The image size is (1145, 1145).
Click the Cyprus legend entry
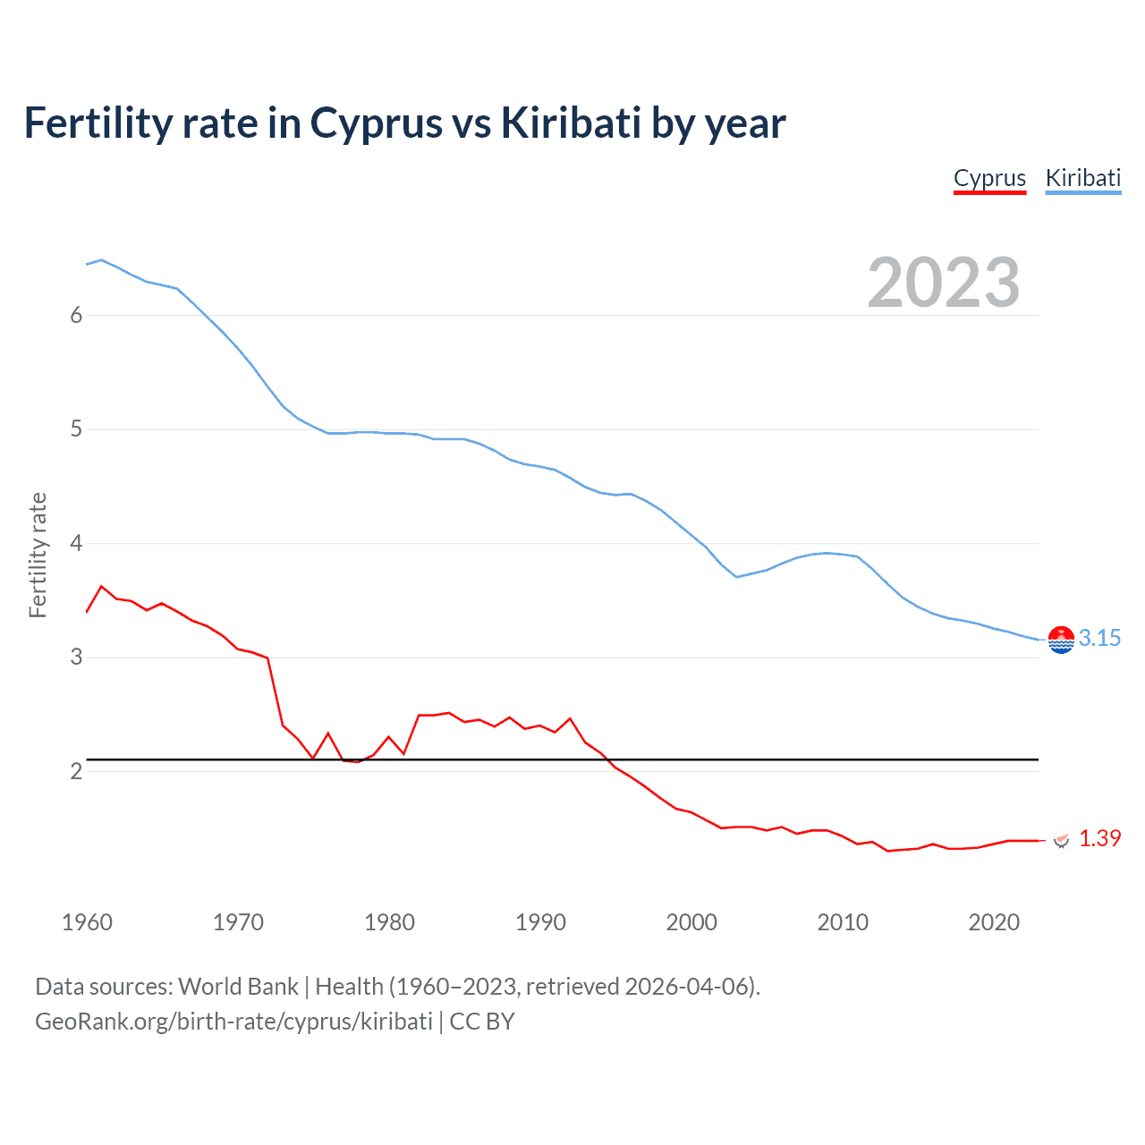989,178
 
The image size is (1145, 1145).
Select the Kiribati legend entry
1082,178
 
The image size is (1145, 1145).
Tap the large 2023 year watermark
943,283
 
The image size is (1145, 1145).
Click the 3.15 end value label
1099,638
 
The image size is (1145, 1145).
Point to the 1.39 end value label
1099,838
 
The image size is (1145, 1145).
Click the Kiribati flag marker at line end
1061,640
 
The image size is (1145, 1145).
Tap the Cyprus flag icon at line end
1062,840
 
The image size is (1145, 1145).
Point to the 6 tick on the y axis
76,315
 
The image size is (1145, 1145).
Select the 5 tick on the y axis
76,429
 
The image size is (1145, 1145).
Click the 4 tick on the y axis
76,543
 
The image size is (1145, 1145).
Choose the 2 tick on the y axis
76,771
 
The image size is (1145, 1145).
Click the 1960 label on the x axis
87,922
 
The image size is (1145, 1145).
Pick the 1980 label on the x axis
389,922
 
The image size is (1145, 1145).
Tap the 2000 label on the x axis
691,922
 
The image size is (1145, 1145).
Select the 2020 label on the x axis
994,922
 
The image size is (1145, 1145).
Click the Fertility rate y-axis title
38,555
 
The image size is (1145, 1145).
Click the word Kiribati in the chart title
571,123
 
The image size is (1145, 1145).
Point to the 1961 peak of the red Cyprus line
101,586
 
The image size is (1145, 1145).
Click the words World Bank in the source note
238,987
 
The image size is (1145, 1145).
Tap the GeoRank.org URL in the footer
233,1022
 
